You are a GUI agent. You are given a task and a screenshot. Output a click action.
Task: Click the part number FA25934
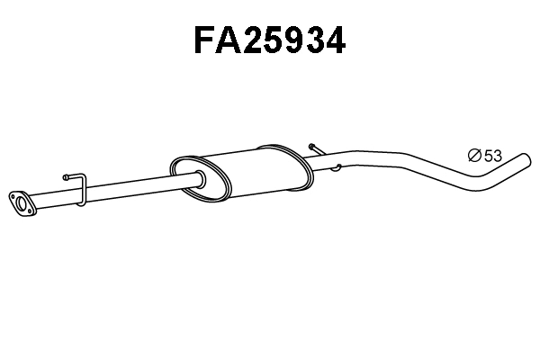pos(269,40)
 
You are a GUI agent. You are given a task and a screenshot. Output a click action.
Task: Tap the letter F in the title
pos(207,40)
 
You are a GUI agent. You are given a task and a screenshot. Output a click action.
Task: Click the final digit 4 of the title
pos(334,40)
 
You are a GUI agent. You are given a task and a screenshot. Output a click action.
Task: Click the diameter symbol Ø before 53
pos(475,156)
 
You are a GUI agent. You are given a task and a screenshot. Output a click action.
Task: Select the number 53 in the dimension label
pos(492,156)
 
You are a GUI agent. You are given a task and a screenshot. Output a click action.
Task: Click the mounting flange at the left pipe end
pos(21,202)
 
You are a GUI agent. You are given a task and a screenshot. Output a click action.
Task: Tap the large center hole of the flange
pos(20,202)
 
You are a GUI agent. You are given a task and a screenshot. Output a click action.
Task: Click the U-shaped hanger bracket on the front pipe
pos(79,190)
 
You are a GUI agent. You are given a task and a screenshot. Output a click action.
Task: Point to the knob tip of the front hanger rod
pos(67,177)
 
